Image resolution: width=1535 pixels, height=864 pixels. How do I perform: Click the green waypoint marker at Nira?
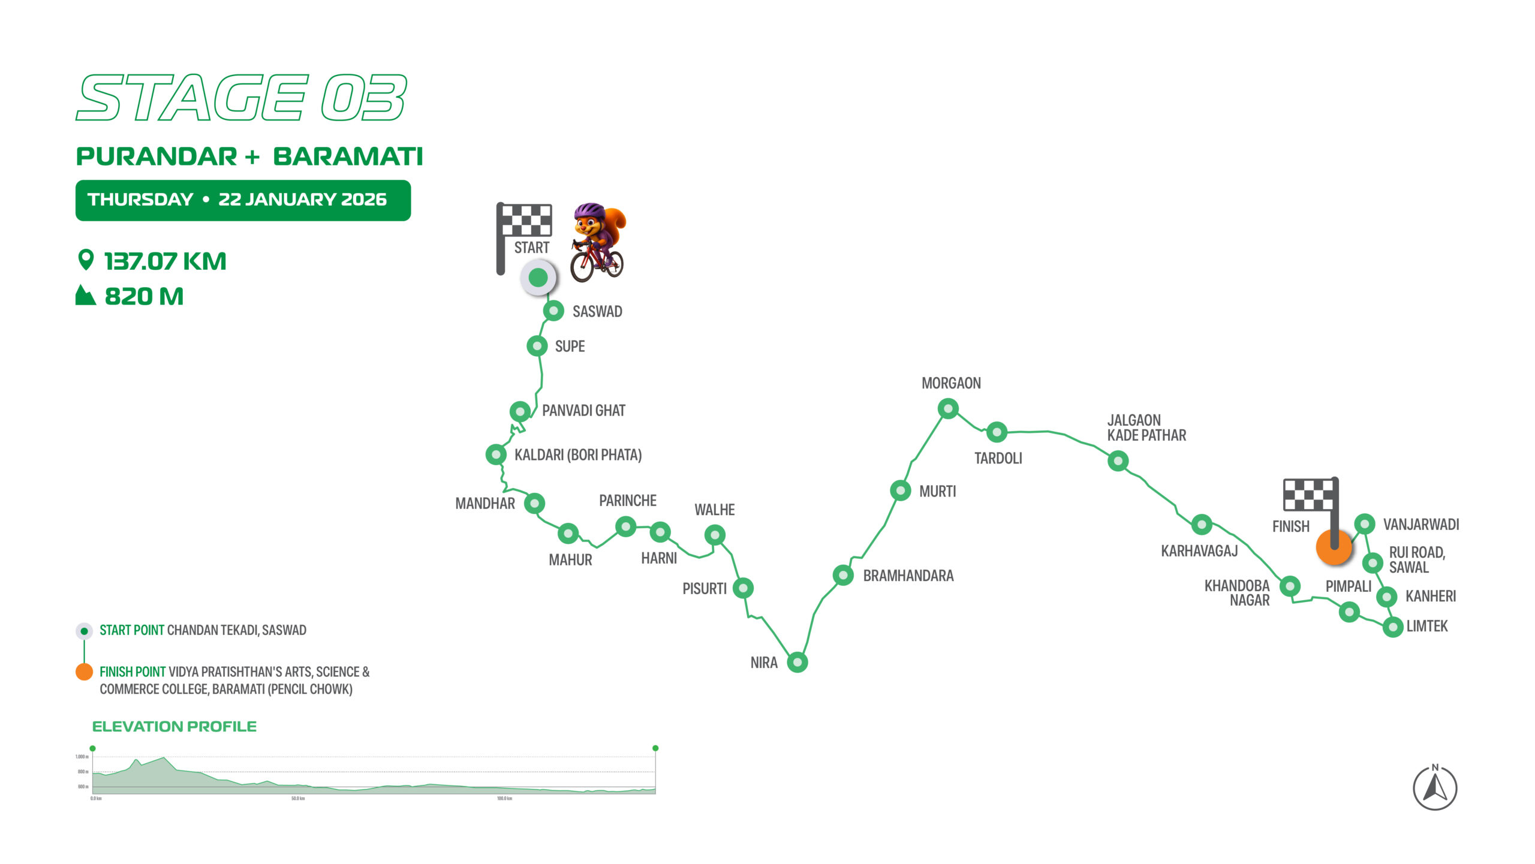[797, 662]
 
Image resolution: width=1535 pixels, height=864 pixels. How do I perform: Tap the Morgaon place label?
[951, 383]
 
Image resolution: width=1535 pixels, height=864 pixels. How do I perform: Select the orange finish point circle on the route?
[1334, 547]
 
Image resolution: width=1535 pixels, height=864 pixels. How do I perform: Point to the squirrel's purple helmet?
[589, 211]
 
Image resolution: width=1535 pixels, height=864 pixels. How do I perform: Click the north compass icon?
[1435, 788]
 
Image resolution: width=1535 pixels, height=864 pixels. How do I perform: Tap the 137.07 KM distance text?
[165, 261]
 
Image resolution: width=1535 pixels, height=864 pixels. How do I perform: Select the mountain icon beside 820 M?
[85, 296]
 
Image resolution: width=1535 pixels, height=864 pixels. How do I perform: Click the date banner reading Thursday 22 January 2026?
[243, 200]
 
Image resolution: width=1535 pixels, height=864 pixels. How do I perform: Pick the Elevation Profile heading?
[174, 727]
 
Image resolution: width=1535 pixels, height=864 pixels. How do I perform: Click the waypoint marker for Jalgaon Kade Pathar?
[1118, 461]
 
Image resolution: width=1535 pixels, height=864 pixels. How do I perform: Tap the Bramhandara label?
[908, 576]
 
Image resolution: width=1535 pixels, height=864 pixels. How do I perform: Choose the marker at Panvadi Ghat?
[520, 411]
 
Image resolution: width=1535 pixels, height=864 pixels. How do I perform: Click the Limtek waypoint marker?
[1393, 627]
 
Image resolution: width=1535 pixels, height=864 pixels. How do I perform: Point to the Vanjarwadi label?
[1421, 525]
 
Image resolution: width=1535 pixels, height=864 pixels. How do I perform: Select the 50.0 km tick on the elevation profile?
[298, 799]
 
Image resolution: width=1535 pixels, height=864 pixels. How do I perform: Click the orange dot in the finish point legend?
[84, 672]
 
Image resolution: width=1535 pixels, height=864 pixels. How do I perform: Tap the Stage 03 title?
[242, 98]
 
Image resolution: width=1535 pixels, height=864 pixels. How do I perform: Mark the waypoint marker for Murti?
[901, 490]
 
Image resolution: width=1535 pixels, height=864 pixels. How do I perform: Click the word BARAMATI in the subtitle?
[348, 156]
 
